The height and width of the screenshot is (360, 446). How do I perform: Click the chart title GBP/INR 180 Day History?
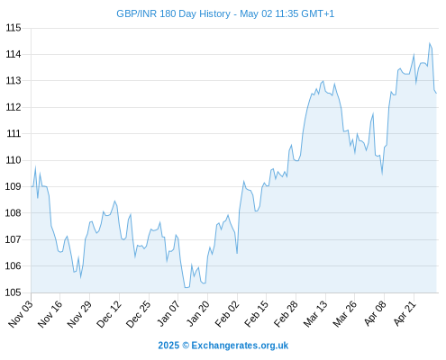pos(174,13)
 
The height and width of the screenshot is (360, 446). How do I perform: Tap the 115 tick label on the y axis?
pos(14,28)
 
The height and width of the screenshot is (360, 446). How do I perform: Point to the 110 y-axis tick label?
pos(14,160)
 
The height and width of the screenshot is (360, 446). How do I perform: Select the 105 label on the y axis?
pos(14,292)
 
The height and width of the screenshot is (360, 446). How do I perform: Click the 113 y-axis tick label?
pos(14,81)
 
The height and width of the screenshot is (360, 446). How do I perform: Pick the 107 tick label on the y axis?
pos(14,239)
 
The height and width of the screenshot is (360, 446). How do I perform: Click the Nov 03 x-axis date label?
pos(20,314)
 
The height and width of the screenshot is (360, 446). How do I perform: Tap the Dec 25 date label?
pos(138,314)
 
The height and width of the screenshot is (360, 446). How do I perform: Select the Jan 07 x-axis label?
pos(168,314)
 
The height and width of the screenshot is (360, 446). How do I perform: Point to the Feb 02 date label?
pos(227,314)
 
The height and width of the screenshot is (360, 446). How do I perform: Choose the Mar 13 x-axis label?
pos(315,314)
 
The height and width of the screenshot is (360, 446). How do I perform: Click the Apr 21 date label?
pos(405,314)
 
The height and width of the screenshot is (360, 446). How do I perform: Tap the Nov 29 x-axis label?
pos(79,314)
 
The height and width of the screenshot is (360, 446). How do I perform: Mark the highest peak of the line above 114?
pos(430,43)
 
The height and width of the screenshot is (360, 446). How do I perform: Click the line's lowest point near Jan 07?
pos(187,287)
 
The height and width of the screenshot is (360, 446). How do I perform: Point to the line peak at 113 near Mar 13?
pos(323,81)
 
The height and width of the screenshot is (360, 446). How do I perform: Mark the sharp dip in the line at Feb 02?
pos(237,254)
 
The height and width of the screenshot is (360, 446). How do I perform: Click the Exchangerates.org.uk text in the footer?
pos(240,346)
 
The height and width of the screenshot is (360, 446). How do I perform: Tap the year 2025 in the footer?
pos(168,346)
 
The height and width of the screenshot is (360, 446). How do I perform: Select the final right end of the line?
pos(436,94)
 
